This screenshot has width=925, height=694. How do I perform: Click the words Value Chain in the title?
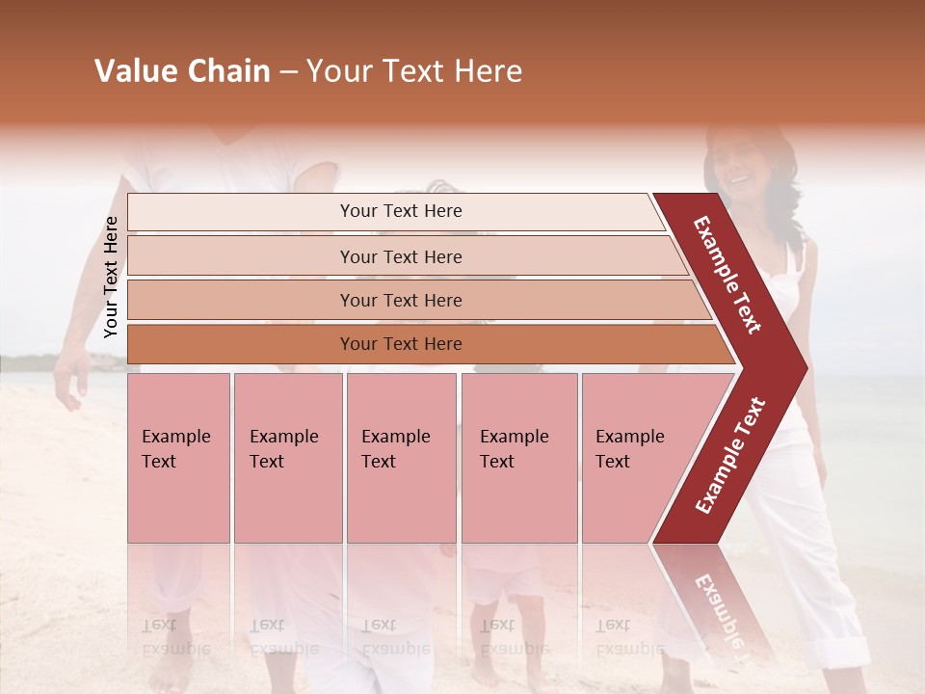click(x=182, y=71)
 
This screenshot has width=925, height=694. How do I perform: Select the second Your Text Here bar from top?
click(x=401, y=256)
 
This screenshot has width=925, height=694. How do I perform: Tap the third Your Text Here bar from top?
click(x=401, y=301)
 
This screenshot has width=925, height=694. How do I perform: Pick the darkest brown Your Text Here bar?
click(x=401, y=344)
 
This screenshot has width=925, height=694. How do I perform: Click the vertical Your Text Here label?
click(x=111, y=277)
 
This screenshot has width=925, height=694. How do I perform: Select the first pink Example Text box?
click(x=178, y=457)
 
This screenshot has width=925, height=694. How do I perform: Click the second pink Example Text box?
click(x=287, y=457)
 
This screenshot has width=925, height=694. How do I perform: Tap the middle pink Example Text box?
click(x=401, y=457)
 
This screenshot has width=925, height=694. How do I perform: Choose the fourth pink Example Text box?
click(x=518, y=457)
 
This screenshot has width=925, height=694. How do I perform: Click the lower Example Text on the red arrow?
click(x=730, y=455)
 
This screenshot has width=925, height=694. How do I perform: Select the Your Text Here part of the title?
click(x=414, y=71)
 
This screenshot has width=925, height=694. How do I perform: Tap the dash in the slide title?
click(x=288, y=72)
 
